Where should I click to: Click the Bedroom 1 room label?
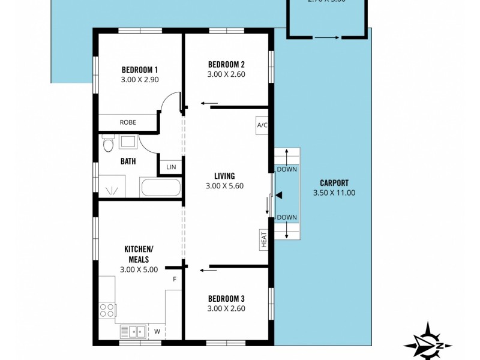pos(139,69)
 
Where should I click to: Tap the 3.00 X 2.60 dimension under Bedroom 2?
pos(226,74)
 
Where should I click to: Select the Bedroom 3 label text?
pos(226,298)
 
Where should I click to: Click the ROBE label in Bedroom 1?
pos(128,122)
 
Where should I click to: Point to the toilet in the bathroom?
pos(107,145)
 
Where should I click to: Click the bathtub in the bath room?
pos(160,187)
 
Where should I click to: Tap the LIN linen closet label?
pos(171,167)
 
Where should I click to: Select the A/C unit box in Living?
pos(262,125)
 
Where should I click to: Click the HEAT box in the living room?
pos(263,239)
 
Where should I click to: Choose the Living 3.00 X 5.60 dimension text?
pos(224,185)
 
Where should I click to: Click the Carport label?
pos(334,183)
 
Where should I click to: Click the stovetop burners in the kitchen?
pos(107,311)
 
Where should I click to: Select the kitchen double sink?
pos(132,331)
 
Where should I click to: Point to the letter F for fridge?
pos(175,280)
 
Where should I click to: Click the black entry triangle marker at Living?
pos(278,194)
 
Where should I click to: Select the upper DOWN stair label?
pos(287,170)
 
